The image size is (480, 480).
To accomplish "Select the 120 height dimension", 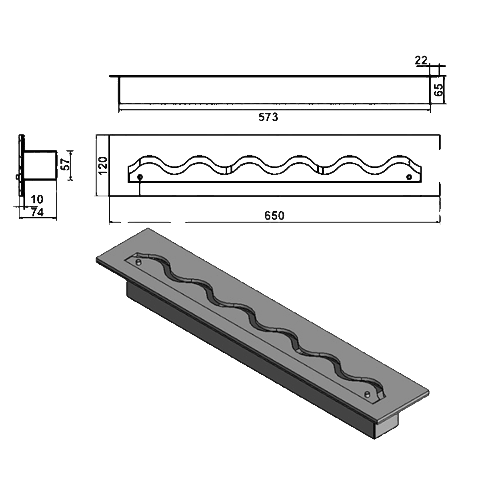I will pyautogui.click(x=103, y=166).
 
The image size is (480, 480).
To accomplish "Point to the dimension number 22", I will pyautogui.click(x=421, y=60).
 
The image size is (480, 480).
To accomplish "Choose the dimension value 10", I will pyautogui.click(x=36, y=199).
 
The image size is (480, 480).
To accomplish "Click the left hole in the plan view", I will pyautogui.click(x=140, y=177).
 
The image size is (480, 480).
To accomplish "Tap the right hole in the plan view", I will pyautogui.click(x=409, y=177).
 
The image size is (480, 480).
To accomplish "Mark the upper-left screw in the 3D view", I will pyautogui.click(x=138, y=262).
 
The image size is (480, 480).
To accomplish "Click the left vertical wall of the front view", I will pyautogui.click(x=119, y=90).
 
